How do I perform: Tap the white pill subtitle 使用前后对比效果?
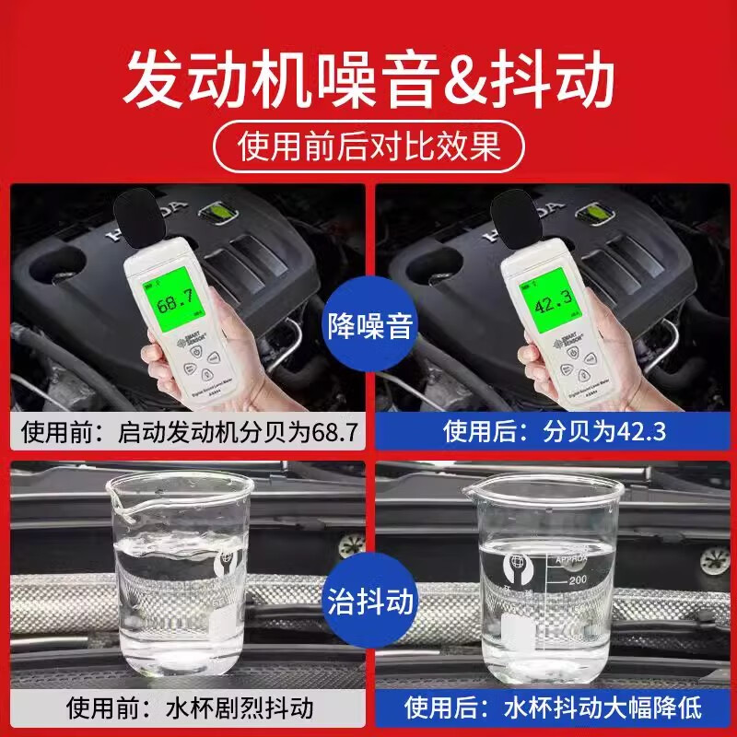(x=368, y=146)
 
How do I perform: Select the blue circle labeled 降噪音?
(x=369, y=325)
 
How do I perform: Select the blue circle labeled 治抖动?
(x=369, y=603)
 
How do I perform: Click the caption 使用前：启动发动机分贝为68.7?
(x=188, y=430)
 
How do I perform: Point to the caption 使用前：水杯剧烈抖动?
(x=188, y=708)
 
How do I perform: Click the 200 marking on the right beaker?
(x=578, y=581)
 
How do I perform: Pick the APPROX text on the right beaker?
(x=571, y=557)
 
